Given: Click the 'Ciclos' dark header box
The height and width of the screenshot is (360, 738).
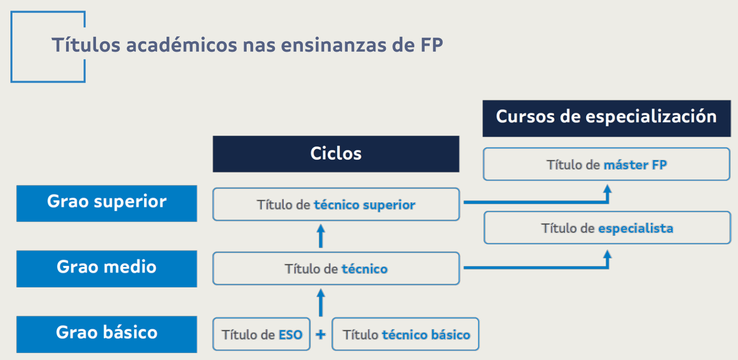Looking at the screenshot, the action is point(336,154).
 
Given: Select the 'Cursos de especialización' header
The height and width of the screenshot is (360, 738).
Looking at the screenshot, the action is point(607,118).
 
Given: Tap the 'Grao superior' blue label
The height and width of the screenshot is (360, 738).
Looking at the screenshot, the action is point(107,203).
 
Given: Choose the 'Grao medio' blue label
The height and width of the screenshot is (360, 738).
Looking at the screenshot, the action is point(107,269).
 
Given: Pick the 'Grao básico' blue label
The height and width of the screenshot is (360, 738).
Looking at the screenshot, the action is point(107,334).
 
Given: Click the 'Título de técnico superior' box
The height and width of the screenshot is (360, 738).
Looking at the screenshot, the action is point(336,204).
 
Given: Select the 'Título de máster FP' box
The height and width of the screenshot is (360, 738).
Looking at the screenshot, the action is point(607,164).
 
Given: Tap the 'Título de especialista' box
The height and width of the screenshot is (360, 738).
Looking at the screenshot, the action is point(607,228).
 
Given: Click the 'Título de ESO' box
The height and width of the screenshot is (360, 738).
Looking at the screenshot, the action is point(262,334).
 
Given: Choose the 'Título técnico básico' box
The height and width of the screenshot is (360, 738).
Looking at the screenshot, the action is point(405,334).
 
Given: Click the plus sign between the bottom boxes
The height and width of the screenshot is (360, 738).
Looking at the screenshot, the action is point(321,335).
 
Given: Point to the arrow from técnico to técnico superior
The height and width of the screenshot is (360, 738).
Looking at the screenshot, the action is point(321,236).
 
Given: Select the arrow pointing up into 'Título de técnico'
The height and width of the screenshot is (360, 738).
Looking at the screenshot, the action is point(321,302).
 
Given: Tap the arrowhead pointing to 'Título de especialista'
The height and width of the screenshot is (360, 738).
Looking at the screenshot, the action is point(608,255).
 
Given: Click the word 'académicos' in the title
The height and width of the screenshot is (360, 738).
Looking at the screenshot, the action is point(182,45).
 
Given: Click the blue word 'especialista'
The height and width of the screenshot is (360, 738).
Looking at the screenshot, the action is point(636,228).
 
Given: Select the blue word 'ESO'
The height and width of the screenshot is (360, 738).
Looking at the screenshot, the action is point(290,335).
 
